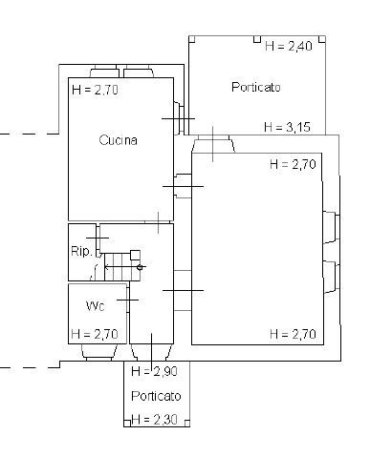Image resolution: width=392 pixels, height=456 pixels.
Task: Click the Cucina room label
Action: (x=119, y=140)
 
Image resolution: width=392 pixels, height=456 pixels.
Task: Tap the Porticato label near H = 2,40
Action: (x=256, y=87)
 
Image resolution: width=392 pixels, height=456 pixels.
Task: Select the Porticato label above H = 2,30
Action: (x=156, y=396)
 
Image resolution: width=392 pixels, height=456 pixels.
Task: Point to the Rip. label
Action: (x=81, y=251)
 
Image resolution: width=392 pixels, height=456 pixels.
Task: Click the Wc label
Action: (x=96, y=306)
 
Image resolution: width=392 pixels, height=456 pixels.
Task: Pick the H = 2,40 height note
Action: (x=289, y=46)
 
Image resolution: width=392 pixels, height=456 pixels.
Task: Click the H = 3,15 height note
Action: (x=287, y=127)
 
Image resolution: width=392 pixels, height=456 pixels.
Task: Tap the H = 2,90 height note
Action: (x=154, y=371)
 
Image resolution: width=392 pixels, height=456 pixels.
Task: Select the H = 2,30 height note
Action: (x=154, y=420)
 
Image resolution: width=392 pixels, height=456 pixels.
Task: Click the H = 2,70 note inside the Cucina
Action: (x=95, y=90)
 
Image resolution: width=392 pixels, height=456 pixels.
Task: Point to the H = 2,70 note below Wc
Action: (x=95, y=334)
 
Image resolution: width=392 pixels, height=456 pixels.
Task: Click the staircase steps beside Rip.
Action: (x=122, y=267)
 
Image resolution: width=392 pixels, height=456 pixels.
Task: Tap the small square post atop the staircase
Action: (x=135, y=255)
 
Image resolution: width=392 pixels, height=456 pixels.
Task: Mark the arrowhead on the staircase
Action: (x=107, y=267)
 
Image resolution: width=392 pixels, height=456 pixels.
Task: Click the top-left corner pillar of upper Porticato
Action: (x=192, y=39)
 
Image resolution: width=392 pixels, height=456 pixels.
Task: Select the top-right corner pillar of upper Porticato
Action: (x=322, y=39)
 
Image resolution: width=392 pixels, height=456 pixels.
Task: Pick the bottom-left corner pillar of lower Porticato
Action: (x=127, y=423)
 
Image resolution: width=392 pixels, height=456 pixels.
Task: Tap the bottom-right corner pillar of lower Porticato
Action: (x=187, y=423)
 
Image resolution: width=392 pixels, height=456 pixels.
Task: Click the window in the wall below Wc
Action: (x=98, y=353)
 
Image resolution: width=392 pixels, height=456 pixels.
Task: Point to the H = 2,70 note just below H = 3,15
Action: (x=293, y=164)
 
